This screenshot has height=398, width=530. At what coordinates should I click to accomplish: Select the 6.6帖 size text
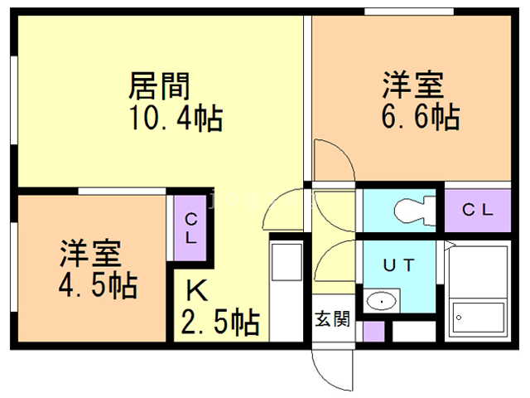pos(421,117)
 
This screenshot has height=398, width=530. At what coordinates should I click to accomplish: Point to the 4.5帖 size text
pos(97,285)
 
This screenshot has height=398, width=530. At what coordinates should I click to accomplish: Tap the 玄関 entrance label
pos(333,318)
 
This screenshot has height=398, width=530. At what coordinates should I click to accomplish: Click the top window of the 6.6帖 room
pos(410,12)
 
